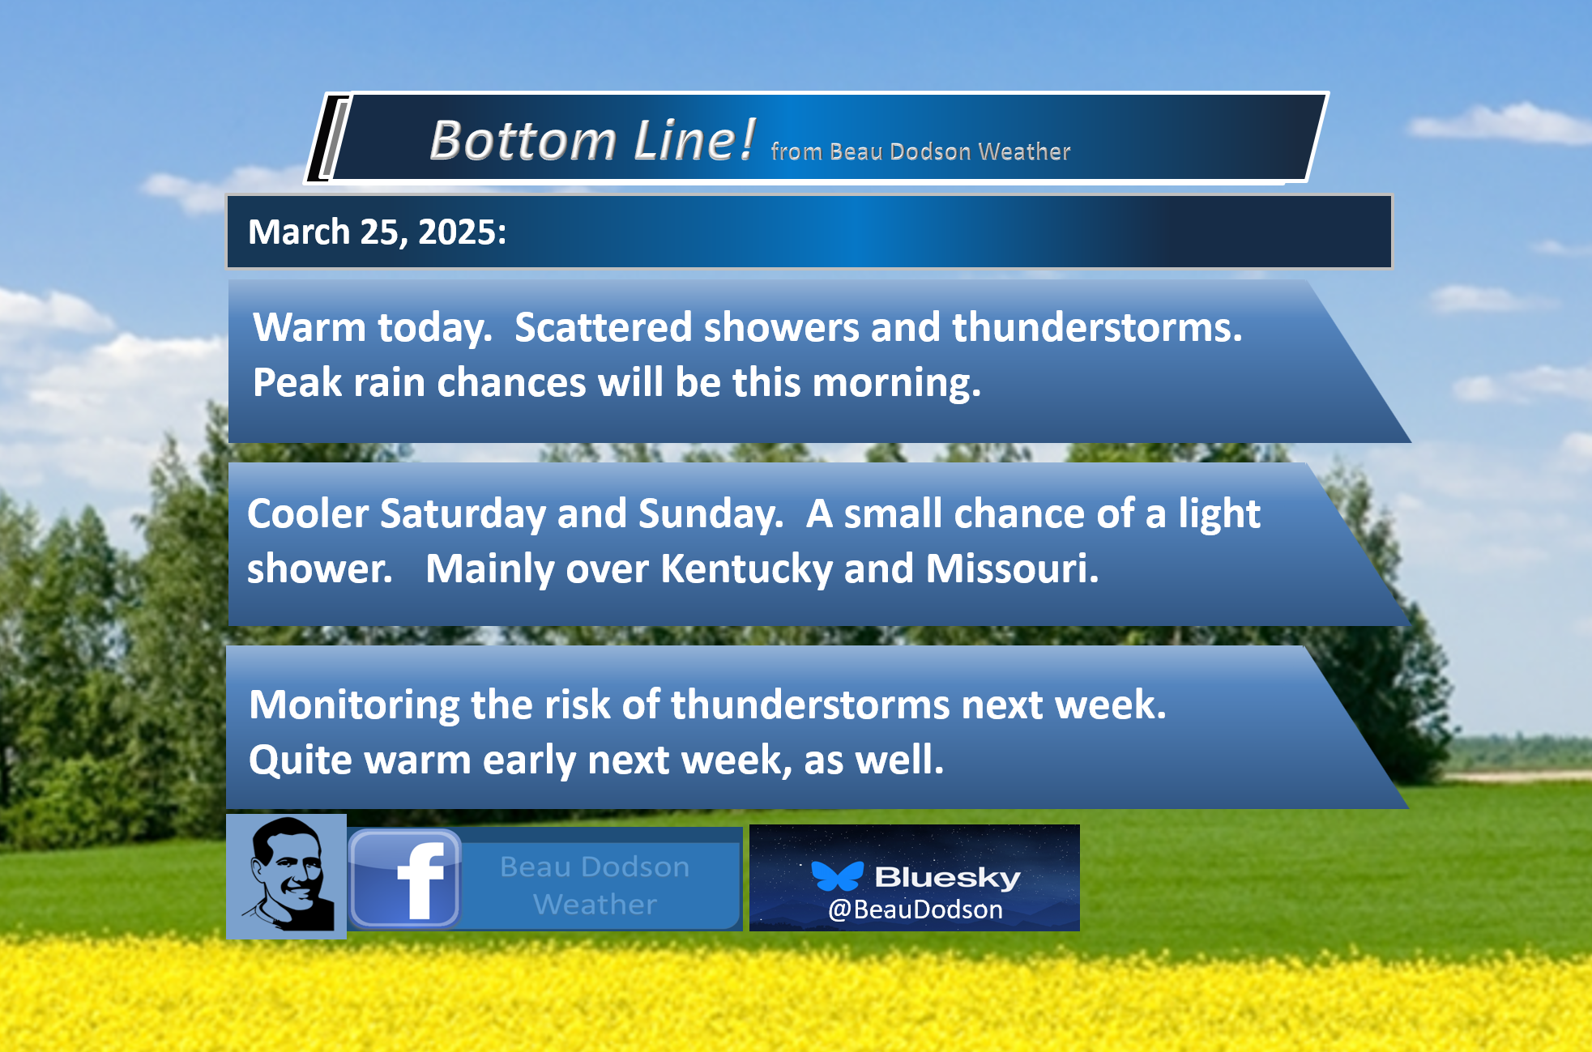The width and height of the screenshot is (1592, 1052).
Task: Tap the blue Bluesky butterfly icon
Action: point(838,876)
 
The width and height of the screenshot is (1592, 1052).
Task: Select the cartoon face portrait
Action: point(287,876)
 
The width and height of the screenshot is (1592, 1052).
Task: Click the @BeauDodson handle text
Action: point(916,909)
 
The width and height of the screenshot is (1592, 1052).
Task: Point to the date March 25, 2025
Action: point(377,232)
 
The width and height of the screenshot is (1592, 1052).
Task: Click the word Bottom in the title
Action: point(523,140)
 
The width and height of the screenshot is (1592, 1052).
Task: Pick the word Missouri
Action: point(1012,569)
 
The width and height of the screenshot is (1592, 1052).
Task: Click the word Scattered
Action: point(604,327)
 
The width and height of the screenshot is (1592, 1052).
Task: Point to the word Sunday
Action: point(711,515)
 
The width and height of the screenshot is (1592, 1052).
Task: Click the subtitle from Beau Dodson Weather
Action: point(920,151)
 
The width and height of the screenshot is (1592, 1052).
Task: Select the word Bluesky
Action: point(948,877)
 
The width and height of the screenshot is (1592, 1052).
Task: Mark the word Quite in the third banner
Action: point(301,761)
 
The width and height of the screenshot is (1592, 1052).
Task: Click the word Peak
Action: point(297,382)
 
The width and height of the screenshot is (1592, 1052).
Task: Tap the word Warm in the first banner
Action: point(309,327)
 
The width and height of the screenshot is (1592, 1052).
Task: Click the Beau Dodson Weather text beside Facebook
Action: point(595,885)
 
